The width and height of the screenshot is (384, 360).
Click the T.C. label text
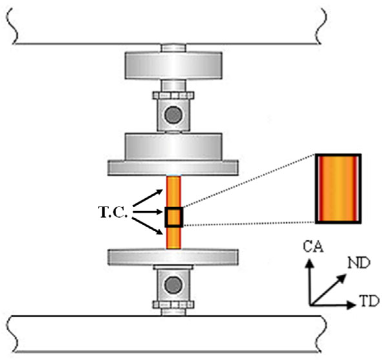coord(113,213)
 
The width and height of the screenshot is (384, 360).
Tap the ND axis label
coord(359,263)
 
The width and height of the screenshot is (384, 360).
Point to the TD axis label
coord(369,302)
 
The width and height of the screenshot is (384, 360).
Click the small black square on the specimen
coord(174,217)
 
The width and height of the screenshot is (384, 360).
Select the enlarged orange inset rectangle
coord(338,189)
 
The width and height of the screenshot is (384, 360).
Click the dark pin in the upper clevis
coord(173,115)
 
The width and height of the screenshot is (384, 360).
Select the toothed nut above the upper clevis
coord(173,96)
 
